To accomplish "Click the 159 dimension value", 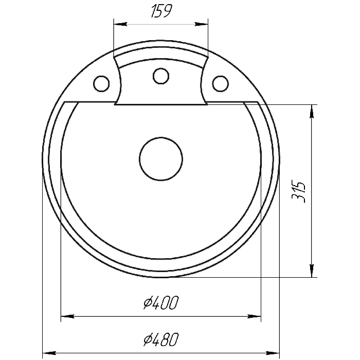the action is point(161,11).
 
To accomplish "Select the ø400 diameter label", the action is point(160,302).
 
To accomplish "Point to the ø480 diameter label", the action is point(160,339).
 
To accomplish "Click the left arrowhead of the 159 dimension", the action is point(120,24).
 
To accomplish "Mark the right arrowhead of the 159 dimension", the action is point(202,24).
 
